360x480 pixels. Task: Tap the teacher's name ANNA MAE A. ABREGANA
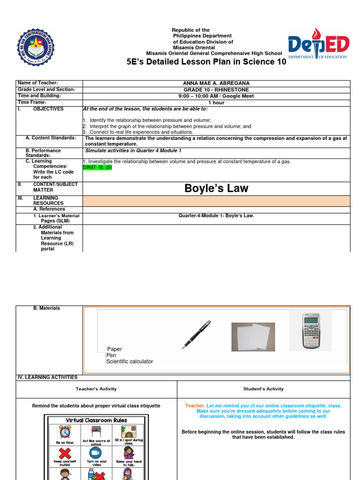[x=216, y=83]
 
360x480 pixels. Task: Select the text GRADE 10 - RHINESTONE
[x=216, y=90]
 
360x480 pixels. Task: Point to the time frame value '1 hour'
[x=216, y=103]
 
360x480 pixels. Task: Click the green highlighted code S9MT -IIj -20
[x=97, y=167]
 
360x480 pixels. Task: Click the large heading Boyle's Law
[x=216, y=188]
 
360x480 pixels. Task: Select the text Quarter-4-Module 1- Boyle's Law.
[x=216, y=216]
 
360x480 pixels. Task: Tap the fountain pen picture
[x=196, y=335]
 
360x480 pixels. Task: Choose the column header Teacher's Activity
[x=96, y=389]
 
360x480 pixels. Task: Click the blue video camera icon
[x=96, y=453]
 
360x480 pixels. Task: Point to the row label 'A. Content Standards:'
[x=51, y=138]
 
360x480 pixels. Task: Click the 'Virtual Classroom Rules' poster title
[x=96, y=420]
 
